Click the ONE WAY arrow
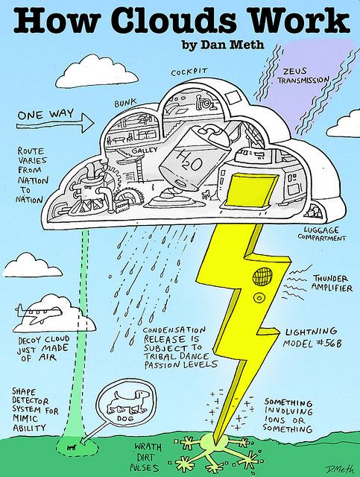55,124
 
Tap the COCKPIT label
189,72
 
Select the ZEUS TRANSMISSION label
303,75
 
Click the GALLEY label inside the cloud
145,150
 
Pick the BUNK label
125,103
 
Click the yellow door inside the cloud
251,190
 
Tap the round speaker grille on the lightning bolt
262,277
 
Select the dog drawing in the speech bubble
127,402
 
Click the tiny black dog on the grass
71,447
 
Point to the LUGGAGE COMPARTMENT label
322,233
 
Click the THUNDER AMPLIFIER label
332,283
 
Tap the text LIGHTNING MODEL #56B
312,338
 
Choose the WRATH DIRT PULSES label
147,458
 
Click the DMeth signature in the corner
340,469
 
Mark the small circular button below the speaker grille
259,297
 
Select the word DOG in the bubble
125,419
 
